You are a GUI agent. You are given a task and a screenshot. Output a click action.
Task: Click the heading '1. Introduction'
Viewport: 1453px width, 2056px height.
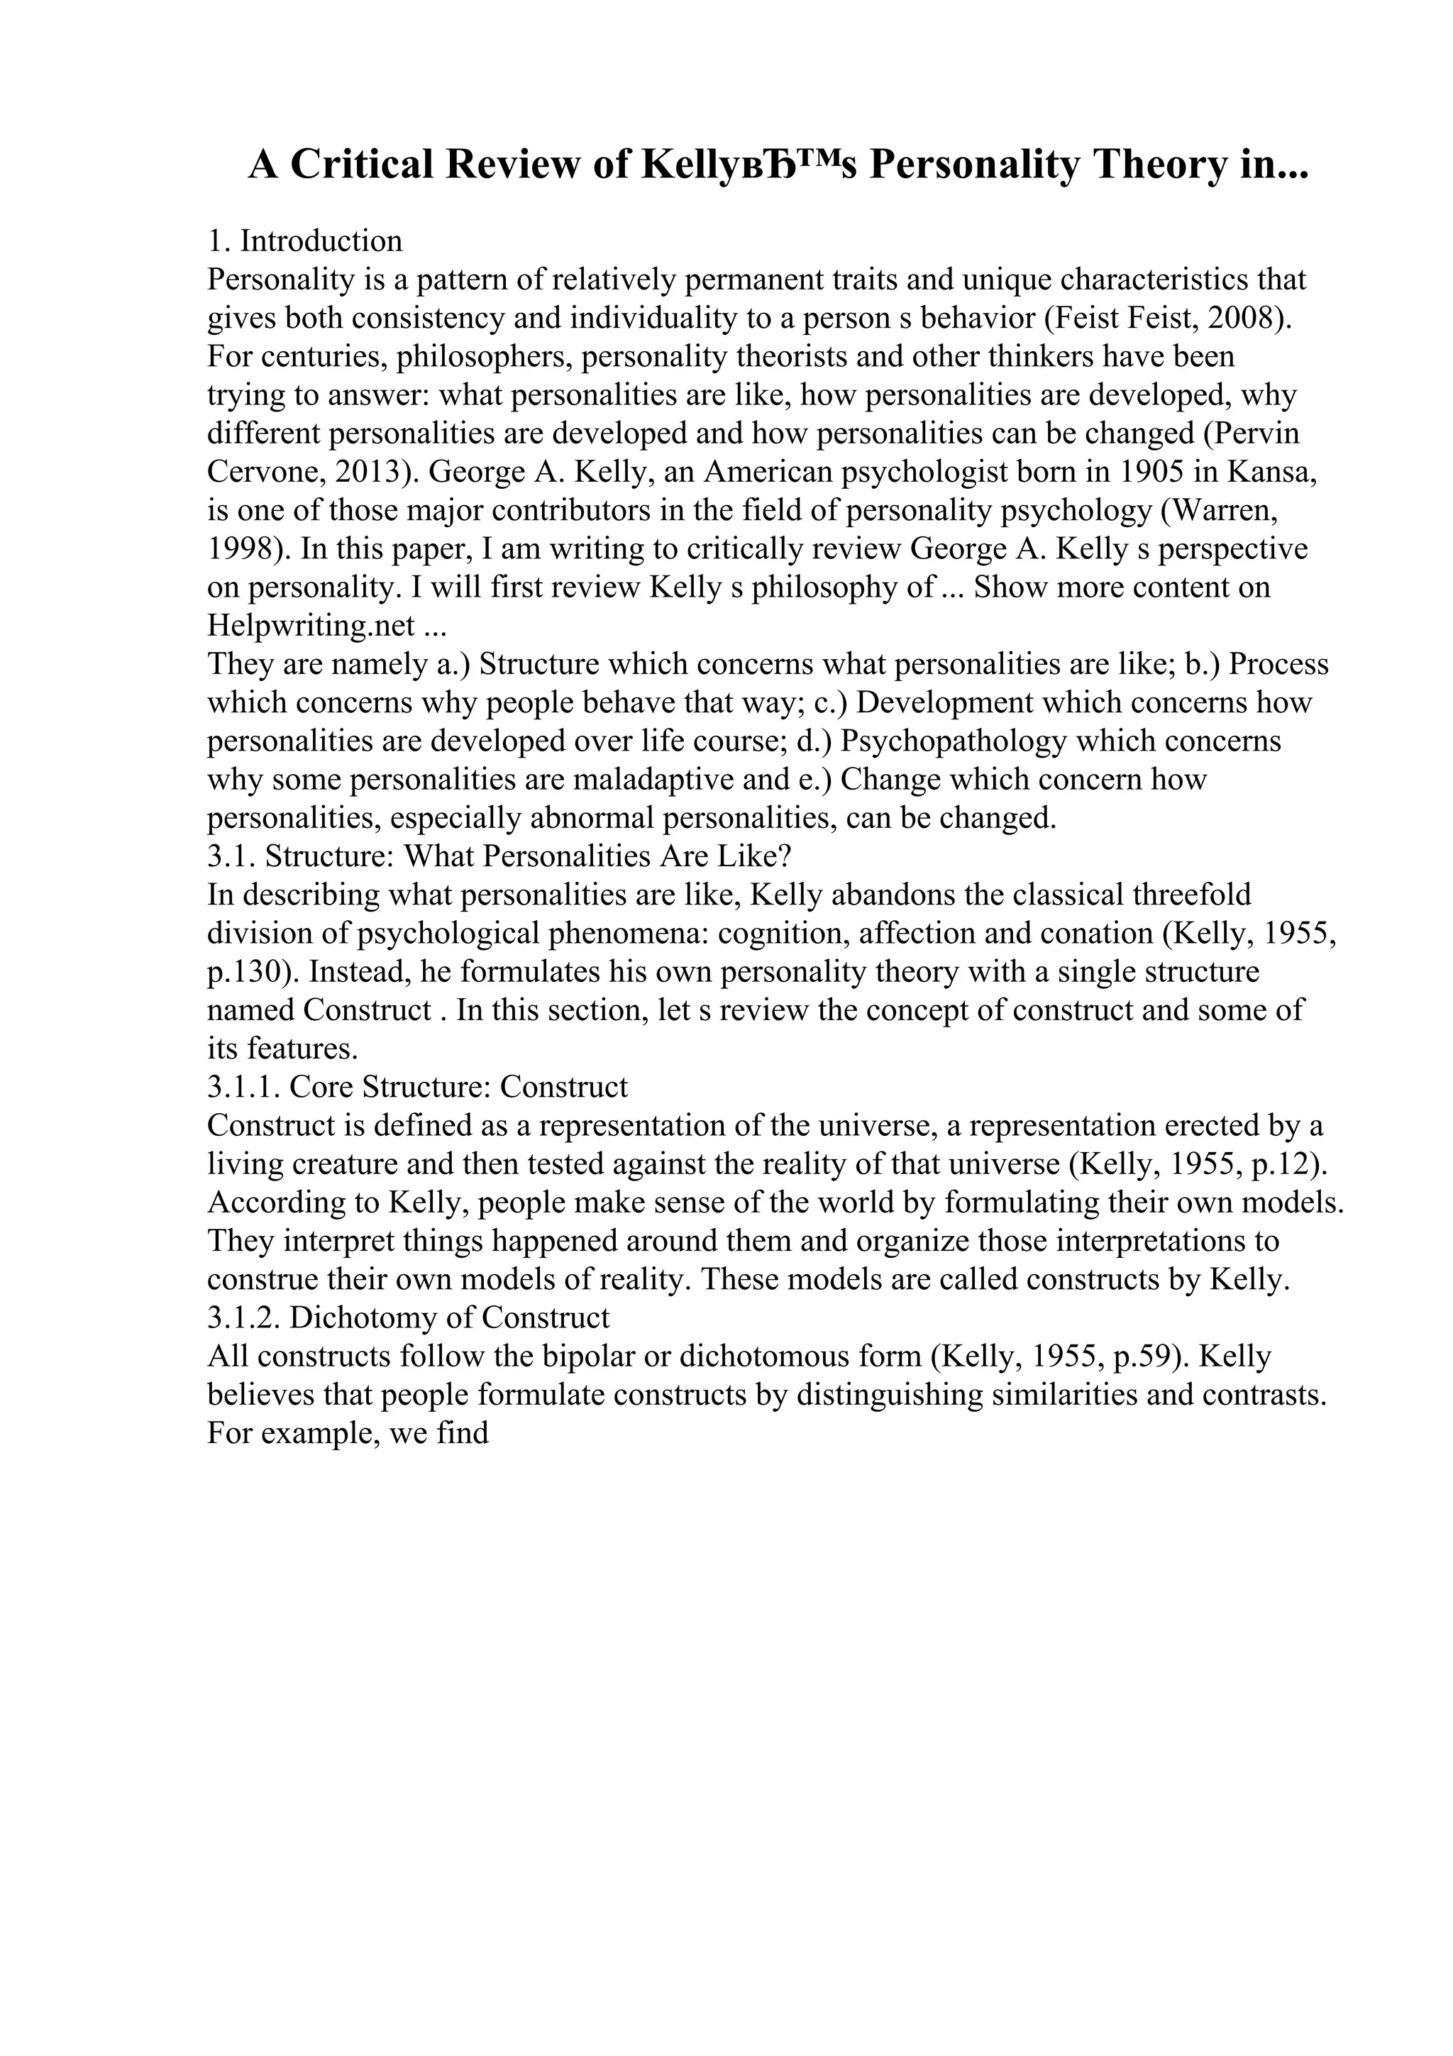[304, 241]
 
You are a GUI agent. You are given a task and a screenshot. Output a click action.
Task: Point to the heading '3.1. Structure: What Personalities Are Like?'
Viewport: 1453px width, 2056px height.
[499, 857]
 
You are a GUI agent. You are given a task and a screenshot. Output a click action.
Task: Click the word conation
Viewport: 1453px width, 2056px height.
[1090, 934]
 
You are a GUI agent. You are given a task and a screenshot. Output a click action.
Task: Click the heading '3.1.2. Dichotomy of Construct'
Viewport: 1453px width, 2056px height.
[408, 1319]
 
